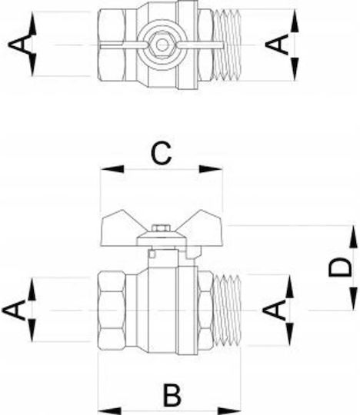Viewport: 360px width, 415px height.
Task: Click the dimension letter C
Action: (161, 153)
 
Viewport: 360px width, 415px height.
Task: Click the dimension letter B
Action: (172, 395)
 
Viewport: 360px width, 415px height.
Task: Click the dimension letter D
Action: (340, 267)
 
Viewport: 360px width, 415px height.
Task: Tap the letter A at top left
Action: (18, 45)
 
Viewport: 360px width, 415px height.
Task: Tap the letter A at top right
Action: (277, 45)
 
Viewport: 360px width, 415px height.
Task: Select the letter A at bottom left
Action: (14, 310)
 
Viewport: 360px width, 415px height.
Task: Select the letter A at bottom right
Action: (275, 310)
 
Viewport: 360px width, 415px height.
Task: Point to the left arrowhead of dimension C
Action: (112, 169)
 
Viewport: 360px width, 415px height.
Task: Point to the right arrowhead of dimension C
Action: (211, 169)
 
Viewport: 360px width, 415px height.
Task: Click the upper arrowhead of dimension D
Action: (353, 237)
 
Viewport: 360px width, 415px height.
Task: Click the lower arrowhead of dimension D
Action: (353, 299)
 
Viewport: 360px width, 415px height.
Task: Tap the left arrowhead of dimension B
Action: (110, 412)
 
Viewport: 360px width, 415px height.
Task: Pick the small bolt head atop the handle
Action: (161, 228)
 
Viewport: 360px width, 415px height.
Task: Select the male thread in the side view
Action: (227, 310)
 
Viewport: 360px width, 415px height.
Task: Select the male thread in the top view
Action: (227, 45)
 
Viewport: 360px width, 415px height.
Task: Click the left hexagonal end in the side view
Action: (112, 310)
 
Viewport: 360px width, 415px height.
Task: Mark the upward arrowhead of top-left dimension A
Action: (32, 23)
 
